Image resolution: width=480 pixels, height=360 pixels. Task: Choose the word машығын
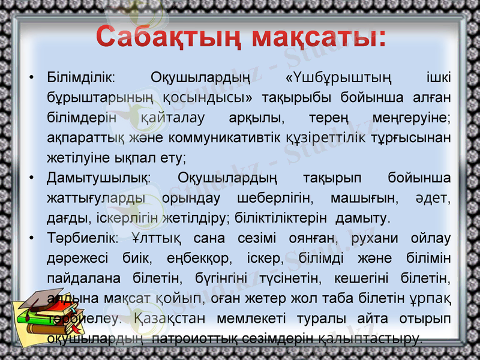coord(365,197)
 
